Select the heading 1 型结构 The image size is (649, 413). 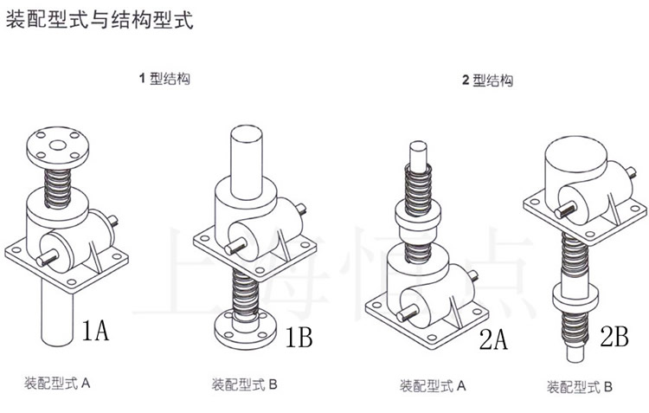[x=164, y=79]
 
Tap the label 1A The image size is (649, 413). [x=95, y=331]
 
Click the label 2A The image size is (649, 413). [x=492, y=339]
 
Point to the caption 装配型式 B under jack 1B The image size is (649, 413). [x=245, y=384]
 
